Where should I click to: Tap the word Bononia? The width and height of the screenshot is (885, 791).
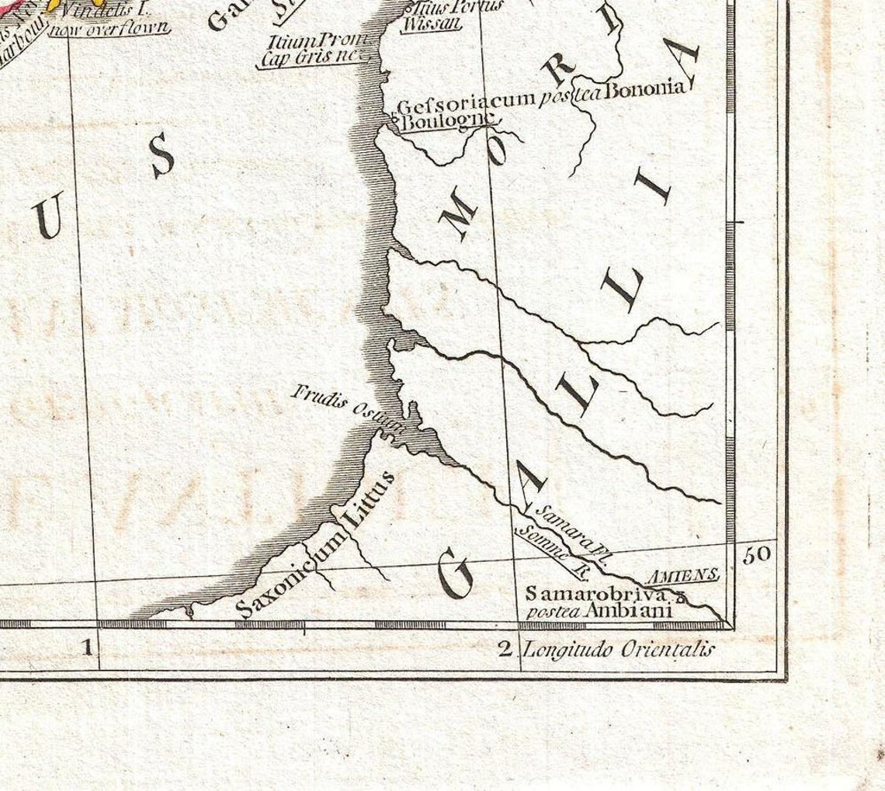(x=645, y=88)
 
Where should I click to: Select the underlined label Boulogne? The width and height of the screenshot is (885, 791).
(x=446, y=120)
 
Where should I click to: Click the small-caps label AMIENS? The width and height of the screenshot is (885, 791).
(x=682, y=574)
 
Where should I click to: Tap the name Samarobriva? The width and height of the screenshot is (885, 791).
(x=595, y=595)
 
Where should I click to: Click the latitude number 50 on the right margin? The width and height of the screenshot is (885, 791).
(x=756, y=555)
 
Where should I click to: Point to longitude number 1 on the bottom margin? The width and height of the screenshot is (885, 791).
(x=87, y=645)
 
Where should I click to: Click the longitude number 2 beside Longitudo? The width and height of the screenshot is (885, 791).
(x=505, y=648)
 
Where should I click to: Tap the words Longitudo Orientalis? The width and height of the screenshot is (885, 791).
(x=617, y=650)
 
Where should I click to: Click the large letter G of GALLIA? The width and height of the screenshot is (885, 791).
(x=456, y=573)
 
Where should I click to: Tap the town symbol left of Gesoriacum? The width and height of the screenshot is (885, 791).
(x=394, y=120)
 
